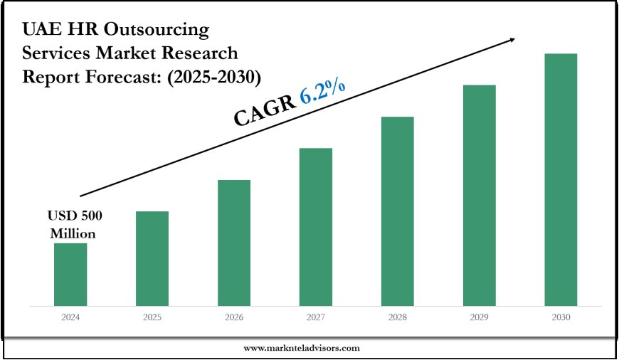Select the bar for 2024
(70, 275)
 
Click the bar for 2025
(152, 259)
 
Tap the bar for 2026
(234, 243)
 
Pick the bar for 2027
(316, 228)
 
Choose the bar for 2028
(398, 211)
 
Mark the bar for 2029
(480, 196)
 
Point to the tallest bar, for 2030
(561, 180)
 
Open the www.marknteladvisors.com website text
(302, 348)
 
